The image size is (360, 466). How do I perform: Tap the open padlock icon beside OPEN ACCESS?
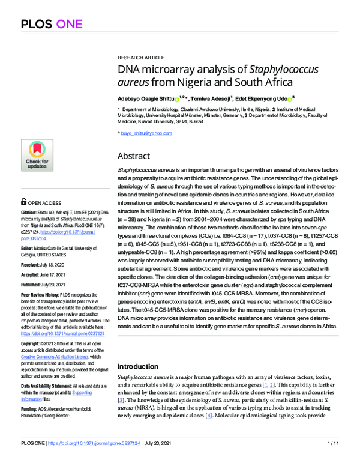click(23, 203)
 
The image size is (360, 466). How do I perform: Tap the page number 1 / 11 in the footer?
click(333, 459)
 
